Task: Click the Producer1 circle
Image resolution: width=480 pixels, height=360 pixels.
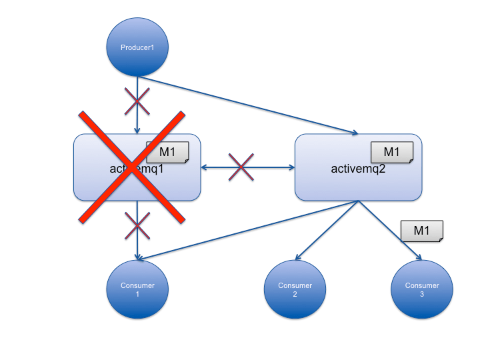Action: tap(137, 47)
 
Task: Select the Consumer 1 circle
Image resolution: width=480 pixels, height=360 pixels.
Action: tap(137, 289)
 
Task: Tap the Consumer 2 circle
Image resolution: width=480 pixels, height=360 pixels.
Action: tap(295, 289)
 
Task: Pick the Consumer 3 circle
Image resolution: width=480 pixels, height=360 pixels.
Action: tap(422, 289)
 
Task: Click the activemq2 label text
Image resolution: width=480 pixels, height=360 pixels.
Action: tap(359, 168)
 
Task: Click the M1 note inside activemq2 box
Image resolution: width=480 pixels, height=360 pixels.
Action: tap(391, 153)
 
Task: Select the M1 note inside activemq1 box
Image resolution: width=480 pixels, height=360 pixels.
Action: tap(167, 153)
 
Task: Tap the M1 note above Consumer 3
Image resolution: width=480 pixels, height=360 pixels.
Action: tap(421, 231)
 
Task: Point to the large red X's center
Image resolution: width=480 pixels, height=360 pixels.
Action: tap(132, 167)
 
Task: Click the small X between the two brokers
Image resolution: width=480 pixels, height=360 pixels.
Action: tap(241, 167)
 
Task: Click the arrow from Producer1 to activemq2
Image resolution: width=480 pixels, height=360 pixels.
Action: tap(247, 105)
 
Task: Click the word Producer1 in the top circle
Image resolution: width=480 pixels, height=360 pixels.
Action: tap(137, 47)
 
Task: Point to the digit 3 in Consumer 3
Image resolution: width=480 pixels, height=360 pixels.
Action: tap(422, 294)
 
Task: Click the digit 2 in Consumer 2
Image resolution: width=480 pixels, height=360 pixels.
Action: tap(295, 294)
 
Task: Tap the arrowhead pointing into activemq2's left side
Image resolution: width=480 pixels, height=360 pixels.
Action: tap(291, 167)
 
